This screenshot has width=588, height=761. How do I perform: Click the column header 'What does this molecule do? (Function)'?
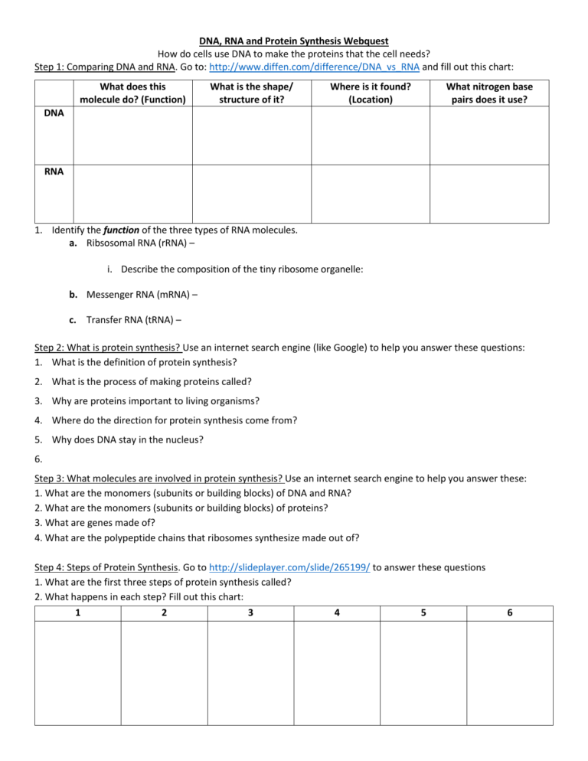click(132, 93)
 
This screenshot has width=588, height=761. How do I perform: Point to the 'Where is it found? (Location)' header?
click(370, 93)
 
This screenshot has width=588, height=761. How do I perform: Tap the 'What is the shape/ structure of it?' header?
click(251, 93)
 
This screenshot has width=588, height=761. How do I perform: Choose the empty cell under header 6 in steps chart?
click(509, 672)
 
